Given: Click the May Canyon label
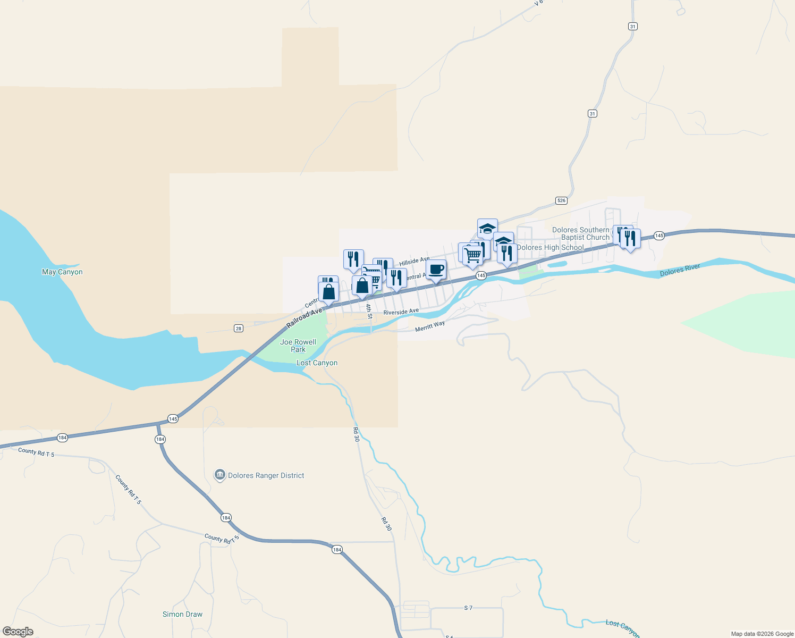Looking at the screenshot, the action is [x=62, y=272].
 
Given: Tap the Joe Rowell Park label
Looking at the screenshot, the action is [x=298, y=346].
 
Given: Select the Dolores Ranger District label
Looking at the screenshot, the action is [x=266, y=475].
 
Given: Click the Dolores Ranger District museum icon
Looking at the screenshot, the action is [x=219, y=475].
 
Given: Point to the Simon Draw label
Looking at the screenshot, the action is [x=182, y=614].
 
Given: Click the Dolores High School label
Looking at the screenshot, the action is [x=550, y=247].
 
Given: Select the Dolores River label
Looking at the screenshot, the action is [x=680, y=270].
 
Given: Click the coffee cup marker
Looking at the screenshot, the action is [x=436, y=270].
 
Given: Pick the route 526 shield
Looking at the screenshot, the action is [x=561, y=200].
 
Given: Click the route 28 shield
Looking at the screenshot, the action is [x=239, y=328].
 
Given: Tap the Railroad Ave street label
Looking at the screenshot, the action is [x=305, y=317].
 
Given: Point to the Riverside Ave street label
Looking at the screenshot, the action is [x=401, y=312].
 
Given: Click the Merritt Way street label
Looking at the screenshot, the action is [x=429, y=326].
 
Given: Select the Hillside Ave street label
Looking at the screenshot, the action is [x=414, y=261].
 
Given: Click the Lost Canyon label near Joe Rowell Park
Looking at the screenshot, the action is [x=317, y=363].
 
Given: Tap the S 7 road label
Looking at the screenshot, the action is [x=468, y=608].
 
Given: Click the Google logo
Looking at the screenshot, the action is [x=18, y=632].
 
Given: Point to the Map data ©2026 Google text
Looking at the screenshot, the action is [x=762, y=634].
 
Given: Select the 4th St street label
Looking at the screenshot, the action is [x=369, y=312].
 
